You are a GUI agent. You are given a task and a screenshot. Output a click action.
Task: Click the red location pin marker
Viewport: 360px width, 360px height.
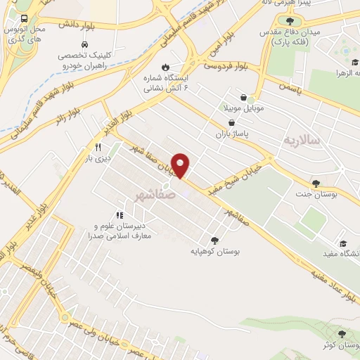pyautogui.click(x=181, y=165)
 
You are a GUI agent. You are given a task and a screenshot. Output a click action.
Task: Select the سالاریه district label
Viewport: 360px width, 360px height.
pyautogui.click(x=302, y=141)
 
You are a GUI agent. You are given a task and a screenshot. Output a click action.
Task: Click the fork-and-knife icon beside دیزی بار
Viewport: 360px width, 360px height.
pyautogui.click(x=98, y=148)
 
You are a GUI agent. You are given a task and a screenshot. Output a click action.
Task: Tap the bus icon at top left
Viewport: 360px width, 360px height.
pyautogui.click(x=25, y=19)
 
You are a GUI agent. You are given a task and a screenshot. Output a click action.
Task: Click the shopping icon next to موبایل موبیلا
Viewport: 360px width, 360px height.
pyautogui.click(x=243, y=98)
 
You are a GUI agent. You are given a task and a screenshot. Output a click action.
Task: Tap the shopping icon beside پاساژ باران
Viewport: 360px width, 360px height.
pyautogui.click(x=222, y=121)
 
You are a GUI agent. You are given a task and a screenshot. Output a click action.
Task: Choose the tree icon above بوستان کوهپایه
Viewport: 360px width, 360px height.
pyautogui.click(x=214, y=239)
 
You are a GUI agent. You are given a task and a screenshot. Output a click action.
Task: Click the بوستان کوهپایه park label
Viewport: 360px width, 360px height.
pyautogui.click(x=213, y=250)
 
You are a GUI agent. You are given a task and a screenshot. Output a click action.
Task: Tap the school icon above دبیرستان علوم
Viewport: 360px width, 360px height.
pyautogui.click(x=118, y=215)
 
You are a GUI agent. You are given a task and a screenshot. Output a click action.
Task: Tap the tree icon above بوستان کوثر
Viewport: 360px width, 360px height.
pyautogui.click(x=342, y=334)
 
